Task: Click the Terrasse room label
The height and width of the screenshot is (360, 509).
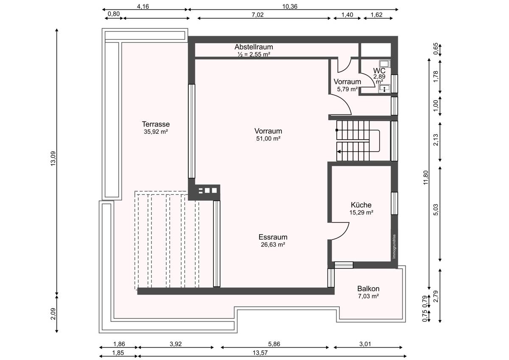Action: pos(156,124)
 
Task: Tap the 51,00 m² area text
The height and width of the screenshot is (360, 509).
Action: pos(268,138)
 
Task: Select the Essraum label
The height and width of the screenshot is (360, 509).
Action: pos(273,237)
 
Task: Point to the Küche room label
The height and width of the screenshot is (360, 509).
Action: pos(361,205)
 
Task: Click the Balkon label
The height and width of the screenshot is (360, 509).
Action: pos(368,289)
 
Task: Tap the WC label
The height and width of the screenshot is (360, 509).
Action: pos(379,71)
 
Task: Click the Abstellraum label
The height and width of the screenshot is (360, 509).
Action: pos(254,47)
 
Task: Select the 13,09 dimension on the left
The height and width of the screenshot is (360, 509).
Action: pos(53,158)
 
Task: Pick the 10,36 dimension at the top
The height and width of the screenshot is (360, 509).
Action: pos(290,6)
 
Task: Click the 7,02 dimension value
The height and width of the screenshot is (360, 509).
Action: pos(257,15)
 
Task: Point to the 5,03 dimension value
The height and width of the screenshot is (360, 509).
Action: pos(436,210)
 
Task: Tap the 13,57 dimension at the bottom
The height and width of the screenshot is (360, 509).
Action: pos(260,353)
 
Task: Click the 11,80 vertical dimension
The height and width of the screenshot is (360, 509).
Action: pos(425,177)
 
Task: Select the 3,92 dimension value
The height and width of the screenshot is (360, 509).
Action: pos(176,344)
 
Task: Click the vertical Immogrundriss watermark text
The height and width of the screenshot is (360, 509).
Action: pos(394,247)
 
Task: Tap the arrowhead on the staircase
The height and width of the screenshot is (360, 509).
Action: pos(339,152)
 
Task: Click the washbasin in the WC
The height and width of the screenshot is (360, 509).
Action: pos(384,88)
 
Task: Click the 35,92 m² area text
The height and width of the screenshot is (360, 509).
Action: pos(156,132)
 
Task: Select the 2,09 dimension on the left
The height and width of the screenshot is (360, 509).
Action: pos(53,314)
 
